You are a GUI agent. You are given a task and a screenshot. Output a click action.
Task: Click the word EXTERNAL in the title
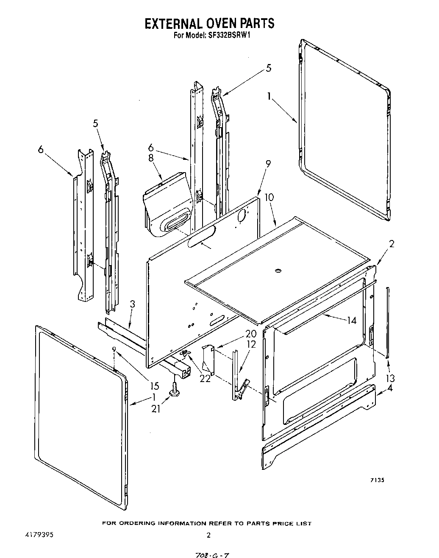click(173, 23)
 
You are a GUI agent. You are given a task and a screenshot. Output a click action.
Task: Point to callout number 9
click(268, 164)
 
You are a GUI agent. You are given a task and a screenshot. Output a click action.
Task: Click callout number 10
click(269, 197)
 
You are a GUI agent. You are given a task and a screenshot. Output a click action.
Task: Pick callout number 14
click(351, 321)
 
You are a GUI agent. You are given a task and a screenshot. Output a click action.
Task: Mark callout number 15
click(155, 386)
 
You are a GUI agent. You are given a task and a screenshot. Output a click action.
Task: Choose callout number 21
click(156, 409)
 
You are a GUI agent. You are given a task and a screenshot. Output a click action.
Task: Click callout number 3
click(133, 304)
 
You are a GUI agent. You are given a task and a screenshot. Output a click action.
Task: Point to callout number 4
click(389, 388)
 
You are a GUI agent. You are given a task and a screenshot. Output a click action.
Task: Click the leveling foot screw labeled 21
click(174, 389)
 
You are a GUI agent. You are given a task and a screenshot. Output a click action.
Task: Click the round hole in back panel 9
click(242, 216)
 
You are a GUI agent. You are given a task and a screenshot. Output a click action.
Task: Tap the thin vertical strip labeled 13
click(387, 322)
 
